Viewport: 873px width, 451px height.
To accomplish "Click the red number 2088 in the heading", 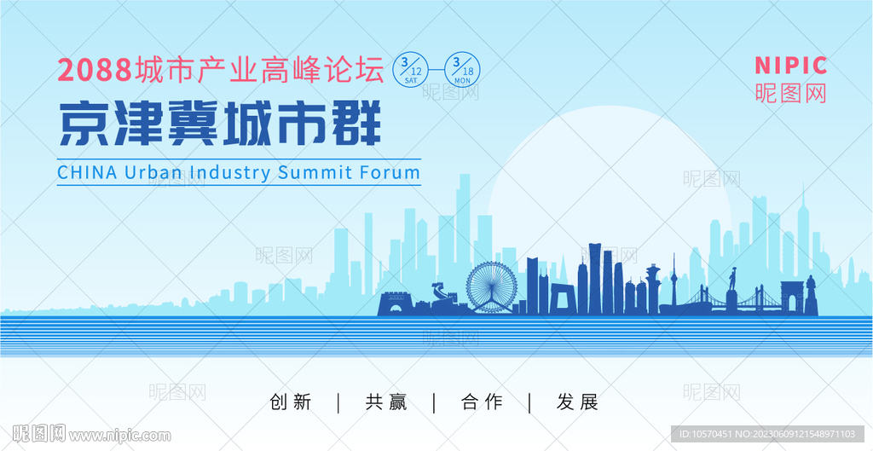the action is point(94,71).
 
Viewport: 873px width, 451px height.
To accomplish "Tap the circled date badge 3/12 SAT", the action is point(410,70).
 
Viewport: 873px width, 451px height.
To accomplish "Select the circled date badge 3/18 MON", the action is point(462,70).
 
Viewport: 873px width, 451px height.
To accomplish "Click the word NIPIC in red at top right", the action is point(790,66).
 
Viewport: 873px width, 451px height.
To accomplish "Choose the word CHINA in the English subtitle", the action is point(88,172).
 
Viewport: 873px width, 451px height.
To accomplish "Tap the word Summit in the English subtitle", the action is point(315,172).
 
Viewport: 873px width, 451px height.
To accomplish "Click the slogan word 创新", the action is point(291,402).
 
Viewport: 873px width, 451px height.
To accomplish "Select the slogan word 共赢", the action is point(386,402).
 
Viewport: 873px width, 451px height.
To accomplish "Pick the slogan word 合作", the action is point(483,402).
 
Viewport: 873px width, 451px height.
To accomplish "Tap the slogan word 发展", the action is point(577,402).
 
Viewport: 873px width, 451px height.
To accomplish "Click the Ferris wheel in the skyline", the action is point(492,287).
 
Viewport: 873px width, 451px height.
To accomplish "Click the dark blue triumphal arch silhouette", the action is point(792,298).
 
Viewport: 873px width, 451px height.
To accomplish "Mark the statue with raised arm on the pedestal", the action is point(732,290).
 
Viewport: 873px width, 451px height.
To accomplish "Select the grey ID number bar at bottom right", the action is point(767,434).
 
